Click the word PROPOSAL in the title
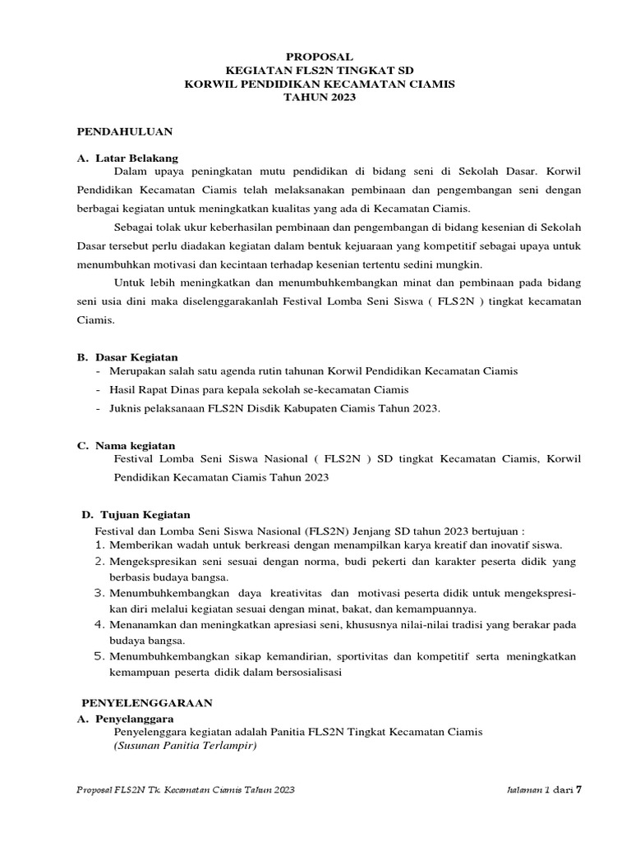pyautogui.click(x=320, y=57)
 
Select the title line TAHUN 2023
pyautogui.click(x=320, y=97)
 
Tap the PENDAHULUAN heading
pyautogui.click(x=125, y=131)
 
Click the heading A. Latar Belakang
pyautogui.click(x=127, y=158)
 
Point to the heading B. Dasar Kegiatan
pyautogui.click(x=127, y=357)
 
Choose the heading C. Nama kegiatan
pyautogui.click(x=126, y=445)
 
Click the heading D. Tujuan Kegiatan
pyautogui.click(x=136, y=514)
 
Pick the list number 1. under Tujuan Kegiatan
pyautogui.click(x=100, y=545)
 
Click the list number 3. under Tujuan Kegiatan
pyautogui.click(x=100, y=593)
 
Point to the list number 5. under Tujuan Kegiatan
pyautogui.click(x=100, y=656)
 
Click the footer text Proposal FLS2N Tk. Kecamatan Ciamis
pyautogui.click(x=185, y=790)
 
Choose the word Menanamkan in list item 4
pyautogui.click(x=142, y=625)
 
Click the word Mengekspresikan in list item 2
pyautogui.click(x=153, y=562)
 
